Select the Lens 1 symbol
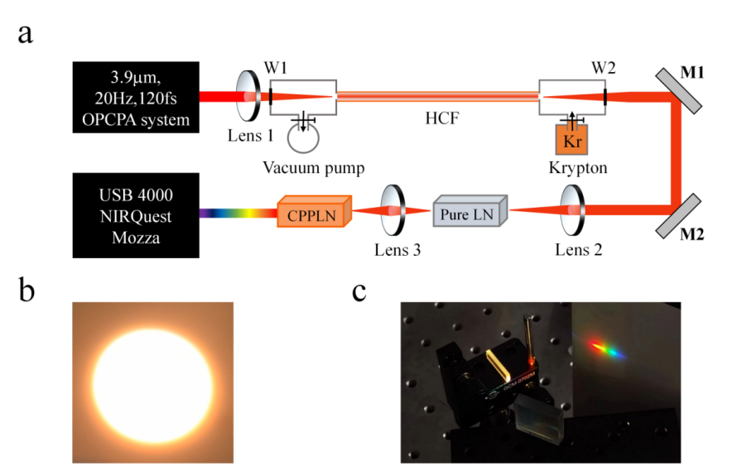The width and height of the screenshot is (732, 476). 248,97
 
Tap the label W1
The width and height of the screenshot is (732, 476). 277,65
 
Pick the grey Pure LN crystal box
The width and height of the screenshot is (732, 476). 470,213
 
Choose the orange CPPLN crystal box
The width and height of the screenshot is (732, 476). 315,214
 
